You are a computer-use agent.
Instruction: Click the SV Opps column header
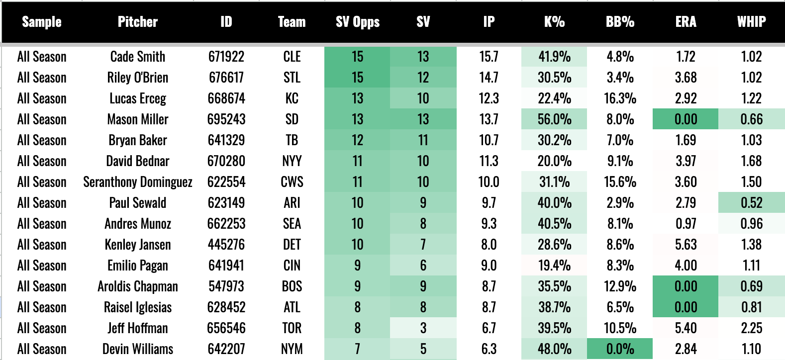pyautogui.click(x=358, y=22)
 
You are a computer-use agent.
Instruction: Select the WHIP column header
pyautogui.click(x=751, y=22)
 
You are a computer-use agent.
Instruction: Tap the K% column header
pyautogui.click(x=554, y=22)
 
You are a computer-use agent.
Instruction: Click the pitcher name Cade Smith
pyautogui.click(x=138, y=56)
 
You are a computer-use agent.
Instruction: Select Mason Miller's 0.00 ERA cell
pyautogui.click(x=686, y=119)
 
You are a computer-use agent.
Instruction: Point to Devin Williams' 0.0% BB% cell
pyautogui.click(x=620, y=349)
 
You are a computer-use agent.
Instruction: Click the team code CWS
pyautogui.click(x=292, y=182)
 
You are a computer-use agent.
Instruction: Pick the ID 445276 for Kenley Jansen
pyautogui.click(x=226, y=245)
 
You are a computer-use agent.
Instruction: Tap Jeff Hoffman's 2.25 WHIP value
pyautogui.click(x=751, y=328)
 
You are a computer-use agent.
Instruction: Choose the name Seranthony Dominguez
pyautogui.click(x=138, y=182)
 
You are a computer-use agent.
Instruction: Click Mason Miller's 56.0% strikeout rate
pyautogui.click(x=554, y=119)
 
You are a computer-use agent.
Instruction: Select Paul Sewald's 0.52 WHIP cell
pyautogui.click(x=751, y=203)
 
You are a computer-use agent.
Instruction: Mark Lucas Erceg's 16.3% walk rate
pyautogui.click(x=620, y=98)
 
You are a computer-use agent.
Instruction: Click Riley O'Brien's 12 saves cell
pyautogui.click(x=423, y=78)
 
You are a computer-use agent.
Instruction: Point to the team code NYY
pyautogui.click(x=292, y=161)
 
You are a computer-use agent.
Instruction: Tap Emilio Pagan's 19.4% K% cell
pyautogui.click(x=554, y=266)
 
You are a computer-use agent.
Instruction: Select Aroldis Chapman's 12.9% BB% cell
pyautogui.click(x=620, y=286)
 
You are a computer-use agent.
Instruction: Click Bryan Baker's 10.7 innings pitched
pyautogui.click(x=489, y=140)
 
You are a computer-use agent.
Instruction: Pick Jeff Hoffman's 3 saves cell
pyautogui.click(x=423, y=328)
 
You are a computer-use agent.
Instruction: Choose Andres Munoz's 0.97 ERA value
pyautogui.click(x=686, y=224)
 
